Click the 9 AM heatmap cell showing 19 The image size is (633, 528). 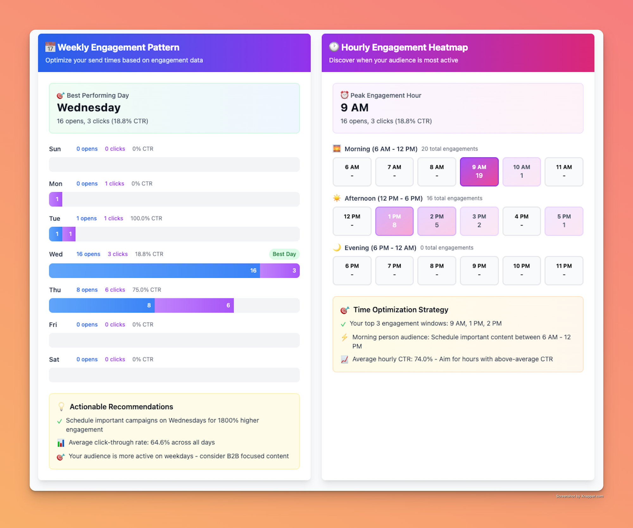pos(479,172)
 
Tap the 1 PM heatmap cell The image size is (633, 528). pos(394,221)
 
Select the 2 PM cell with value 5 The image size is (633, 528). pos(436,221)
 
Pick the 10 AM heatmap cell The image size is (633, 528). pos(521,172)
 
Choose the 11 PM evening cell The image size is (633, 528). pos(564,270)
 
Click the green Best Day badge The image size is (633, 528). pos(284,254)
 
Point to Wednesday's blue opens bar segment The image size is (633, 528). pos(154,271)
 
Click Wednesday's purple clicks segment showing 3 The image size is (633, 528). pos(280,271)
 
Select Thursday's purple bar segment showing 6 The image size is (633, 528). pos(194,305)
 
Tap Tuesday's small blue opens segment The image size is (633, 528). pos(56,234)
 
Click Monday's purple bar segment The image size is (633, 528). pos(56,199)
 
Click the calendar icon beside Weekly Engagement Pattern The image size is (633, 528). pos(50,47)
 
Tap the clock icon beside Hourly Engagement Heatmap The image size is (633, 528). pos(334,47)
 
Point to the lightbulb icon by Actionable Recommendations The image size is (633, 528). pos(61,407)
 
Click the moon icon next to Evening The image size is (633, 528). pos(337,248)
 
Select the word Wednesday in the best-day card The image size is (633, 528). pos(89,108)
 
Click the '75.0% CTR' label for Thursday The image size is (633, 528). pos(147,290)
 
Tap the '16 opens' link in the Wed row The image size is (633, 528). pos(88,254)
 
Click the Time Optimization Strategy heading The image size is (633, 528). pos(401,310)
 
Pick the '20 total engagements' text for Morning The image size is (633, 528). pos(449,149)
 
